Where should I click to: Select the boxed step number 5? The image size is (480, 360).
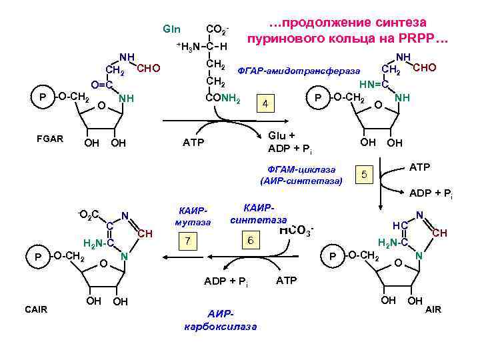click(x=363, y=175)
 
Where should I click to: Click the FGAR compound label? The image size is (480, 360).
click(x=50, y=139)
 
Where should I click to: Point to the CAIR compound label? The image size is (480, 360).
click(x=36, y=309)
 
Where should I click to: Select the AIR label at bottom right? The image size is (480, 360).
click(x=433, y=309)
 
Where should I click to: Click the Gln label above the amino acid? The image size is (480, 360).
click(x=171, y=29)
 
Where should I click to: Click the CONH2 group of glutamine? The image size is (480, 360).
click(x=223, y=99)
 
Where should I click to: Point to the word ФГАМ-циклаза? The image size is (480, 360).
click(x=301, y=169)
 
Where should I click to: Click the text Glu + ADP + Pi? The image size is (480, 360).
click(x=290, y=141)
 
